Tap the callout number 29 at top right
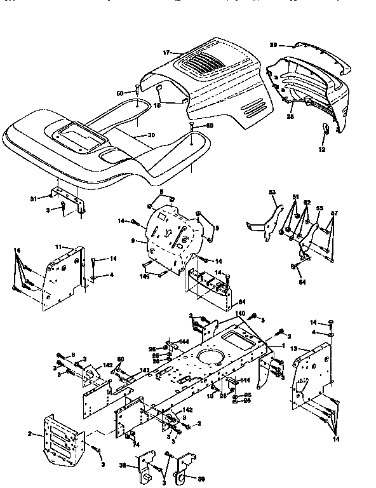273,45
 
